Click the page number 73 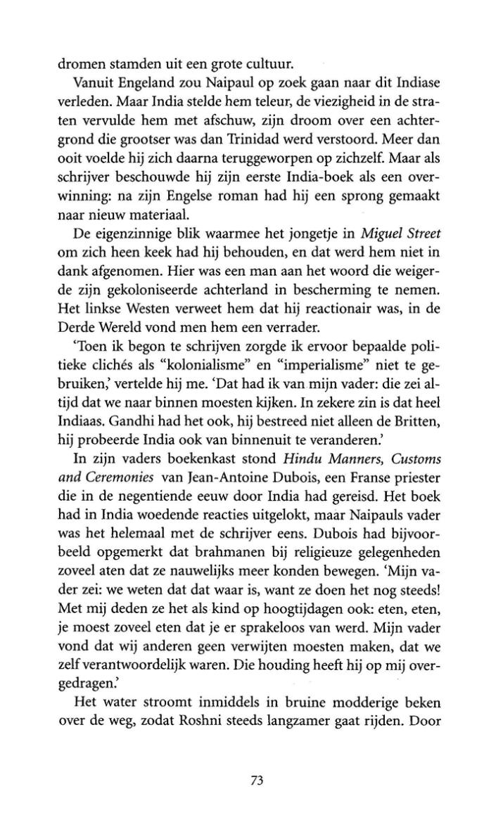(256, 779)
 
